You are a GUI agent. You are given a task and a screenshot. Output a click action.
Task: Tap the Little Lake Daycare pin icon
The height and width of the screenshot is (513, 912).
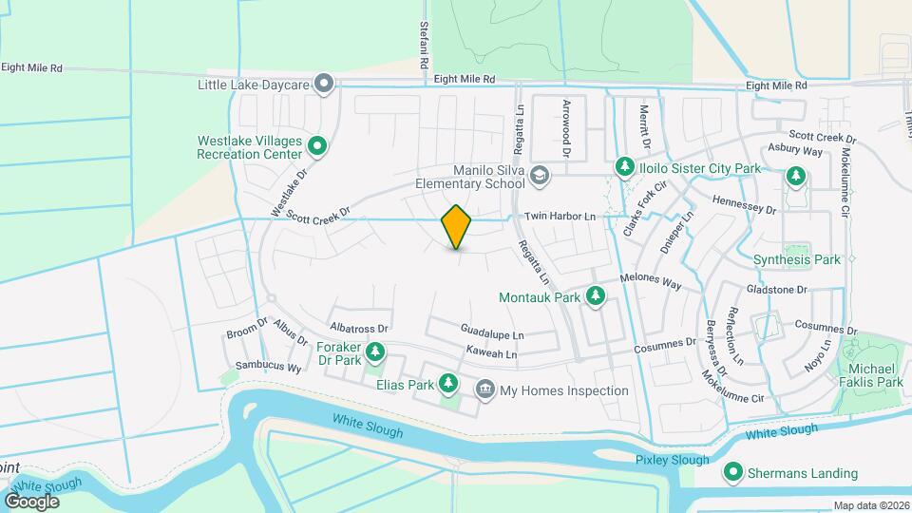[x=325, y=85]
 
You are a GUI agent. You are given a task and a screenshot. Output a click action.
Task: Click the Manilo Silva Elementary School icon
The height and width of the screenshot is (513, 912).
[x=540, y=175]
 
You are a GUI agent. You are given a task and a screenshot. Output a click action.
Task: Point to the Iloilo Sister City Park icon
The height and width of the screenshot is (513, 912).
[x=625, y=168]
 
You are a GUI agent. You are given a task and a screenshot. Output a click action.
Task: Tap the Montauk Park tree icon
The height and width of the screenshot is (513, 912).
[x=596, y=296]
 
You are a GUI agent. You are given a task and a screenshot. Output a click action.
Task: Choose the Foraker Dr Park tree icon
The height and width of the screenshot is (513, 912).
[x=376, y=353]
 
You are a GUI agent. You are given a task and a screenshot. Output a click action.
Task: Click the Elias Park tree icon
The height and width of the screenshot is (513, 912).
[x=449, y=385]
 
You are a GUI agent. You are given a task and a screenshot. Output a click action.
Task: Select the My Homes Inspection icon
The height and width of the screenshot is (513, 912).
[x=485, y=389]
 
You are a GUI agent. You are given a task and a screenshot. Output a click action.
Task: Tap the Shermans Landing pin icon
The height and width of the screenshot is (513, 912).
[x=734, y=472]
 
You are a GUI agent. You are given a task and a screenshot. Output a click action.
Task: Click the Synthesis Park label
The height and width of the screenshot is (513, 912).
[x=796, y=259]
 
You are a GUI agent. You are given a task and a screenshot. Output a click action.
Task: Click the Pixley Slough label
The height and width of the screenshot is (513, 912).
[x=672, y=460]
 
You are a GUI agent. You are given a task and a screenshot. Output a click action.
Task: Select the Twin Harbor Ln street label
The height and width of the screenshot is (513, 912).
[x=564, y=217]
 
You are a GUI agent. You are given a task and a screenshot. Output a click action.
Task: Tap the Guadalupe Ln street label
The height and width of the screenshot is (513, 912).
[x=492, y=335]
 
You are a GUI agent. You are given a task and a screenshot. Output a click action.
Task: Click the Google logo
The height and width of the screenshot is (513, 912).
[x=31, y=501]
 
